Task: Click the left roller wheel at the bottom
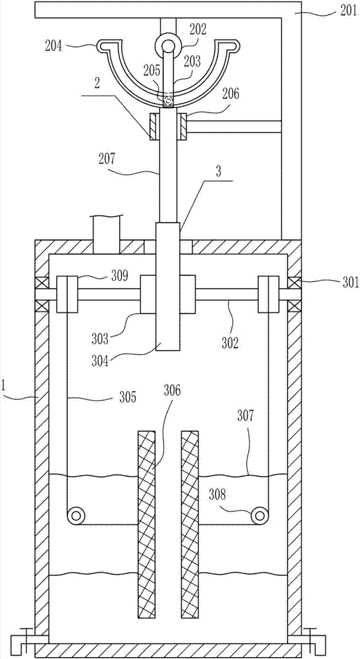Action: click(76, 514)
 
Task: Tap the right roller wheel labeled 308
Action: click(260, 514)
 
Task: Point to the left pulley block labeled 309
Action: click(67, 294)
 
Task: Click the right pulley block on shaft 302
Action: click(268, 294)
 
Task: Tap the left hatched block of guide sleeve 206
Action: click(153, 127)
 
